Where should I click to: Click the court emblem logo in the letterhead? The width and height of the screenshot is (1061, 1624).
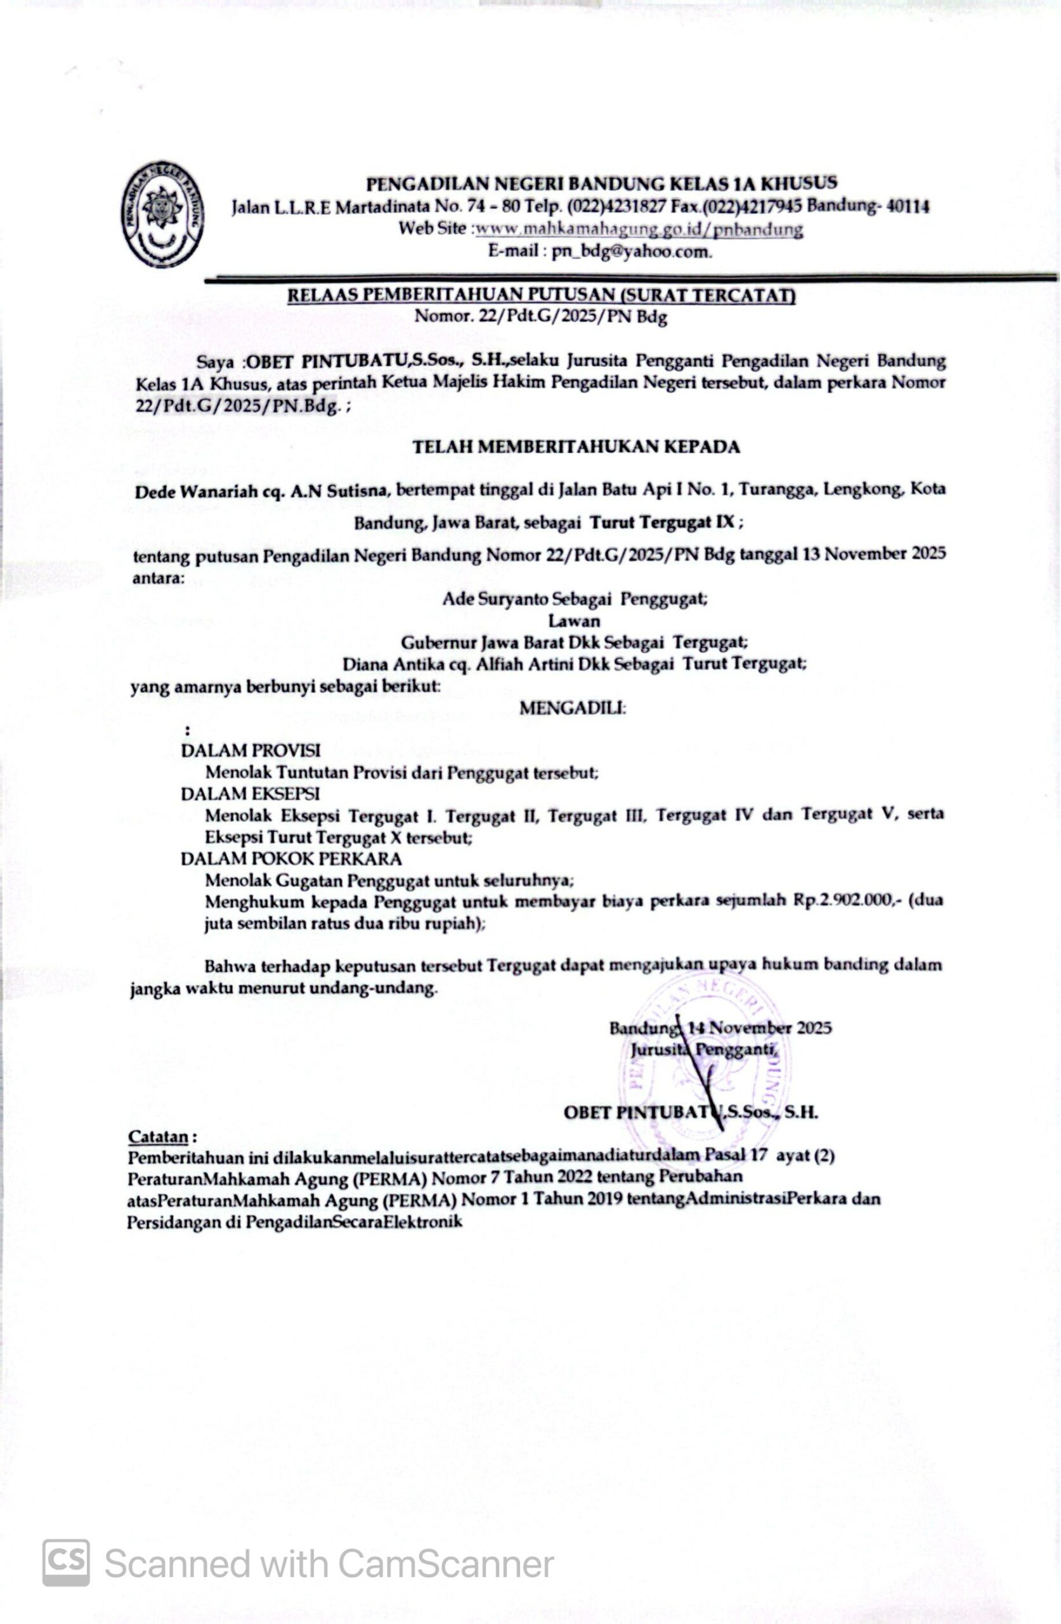click(163, 216)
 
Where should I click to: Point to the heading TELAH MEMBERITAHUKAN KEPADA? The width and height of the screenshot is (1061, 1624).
click(576, 447)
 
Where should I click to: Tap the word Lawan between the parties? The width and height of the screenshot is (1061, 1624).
click(574, 621)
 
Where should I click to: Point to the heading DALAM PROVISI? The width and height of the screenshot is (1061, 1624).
click(251, 750)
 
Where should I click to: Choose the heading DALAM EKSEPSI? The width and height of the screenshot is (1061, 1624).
click(250, 794)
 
